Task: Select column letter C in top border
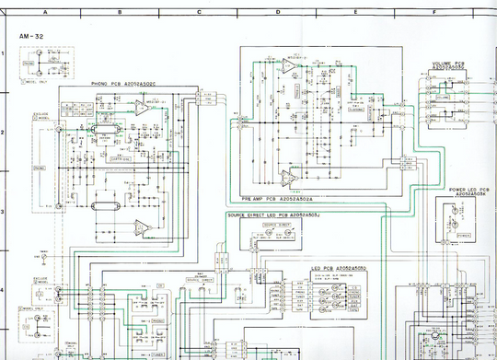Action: coord(198,13)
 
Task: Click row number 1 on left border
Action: coord(4,54)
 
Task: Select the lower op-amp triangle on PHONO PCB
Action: coord(141,226)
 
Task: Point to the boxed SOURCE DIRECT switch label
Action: coord(201,275)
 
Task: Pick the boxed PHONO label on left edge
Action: coord(39,168)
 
